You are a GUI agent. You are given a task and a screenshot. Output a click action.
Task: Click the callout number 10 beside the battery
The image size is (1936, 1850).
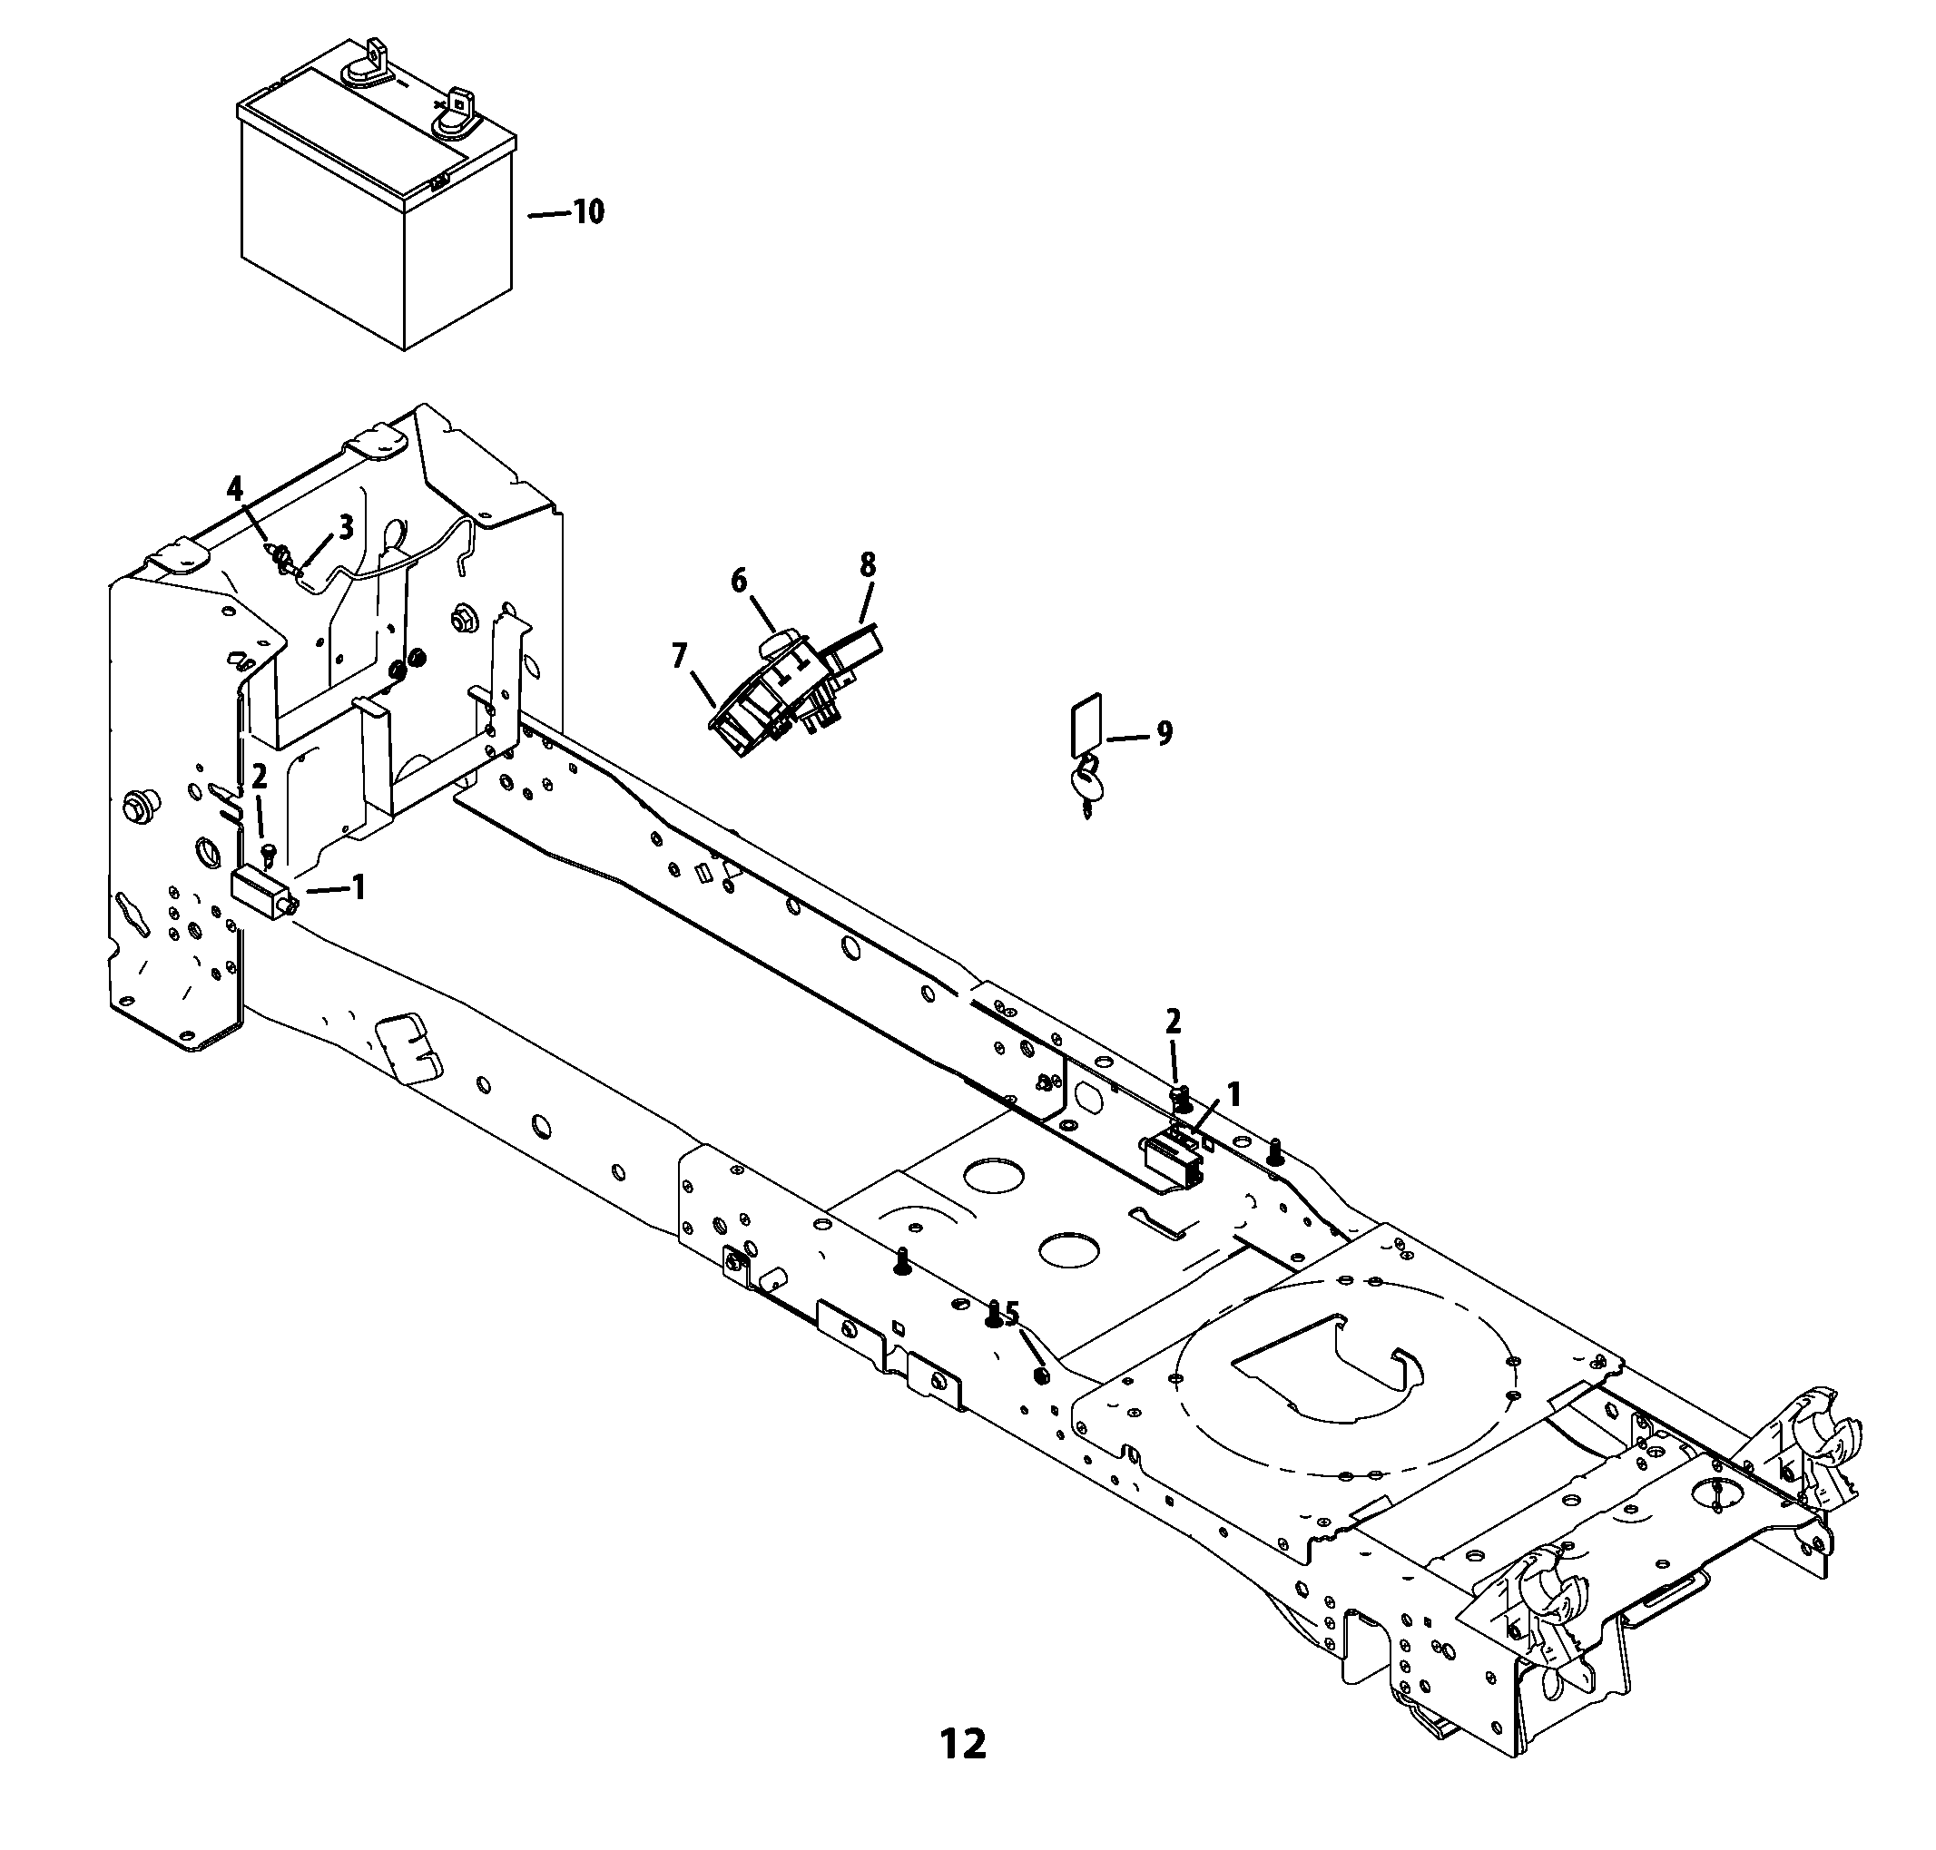pos(588,212)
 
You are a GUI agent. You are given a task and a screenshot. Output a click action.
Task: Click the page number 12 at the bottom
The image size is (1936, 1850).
pos(963,1745)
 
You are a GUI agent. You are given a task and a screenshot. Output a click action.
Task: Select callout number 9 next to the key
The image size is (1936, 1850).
pos(1164,734)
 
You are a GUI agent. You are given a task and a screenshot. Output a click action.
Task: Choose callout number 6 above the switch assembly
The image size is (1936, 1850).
pos(739,581)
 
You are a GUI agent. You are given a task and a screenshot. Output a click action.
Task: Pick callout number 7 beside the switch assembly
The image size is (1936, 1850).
pos(679,656)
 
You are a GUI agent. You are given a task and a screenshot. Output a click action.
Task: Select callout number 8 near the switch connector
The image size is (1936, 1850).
pos(867,565)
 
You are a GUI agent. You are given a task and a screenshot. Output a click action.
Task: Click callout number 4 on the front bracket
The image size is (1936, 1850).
pos(234,488)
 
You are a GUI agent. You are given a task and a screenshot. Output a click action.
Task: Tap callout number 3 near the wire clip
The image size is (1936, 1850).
pos(345,527)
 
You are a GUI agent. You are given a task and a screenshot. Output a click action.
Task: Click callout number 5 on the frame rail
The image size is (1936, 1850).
pos(1011,1314)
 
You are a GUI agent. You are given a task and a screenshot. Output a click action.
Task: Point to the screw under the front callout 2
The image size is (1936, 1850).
pos(265,852)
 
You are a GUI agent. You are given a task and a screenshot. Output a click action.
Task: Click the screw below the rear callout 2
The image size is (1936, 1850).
pos(1180,1097)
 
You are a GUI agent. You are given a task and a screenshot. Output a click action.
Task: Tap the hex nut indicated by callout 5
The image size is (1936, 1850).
pos(1038,1375)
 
